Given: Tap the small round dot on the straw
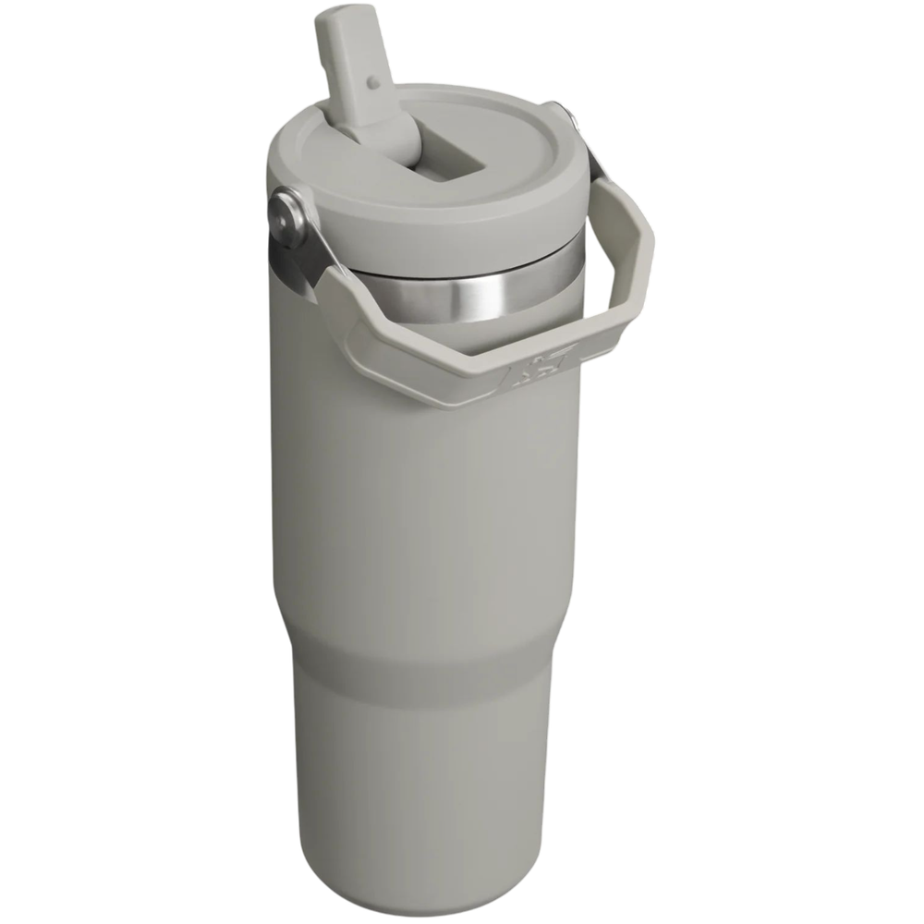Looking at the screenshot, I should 372,82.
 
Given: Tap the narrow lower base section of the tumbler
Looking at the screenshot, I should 434,785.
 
